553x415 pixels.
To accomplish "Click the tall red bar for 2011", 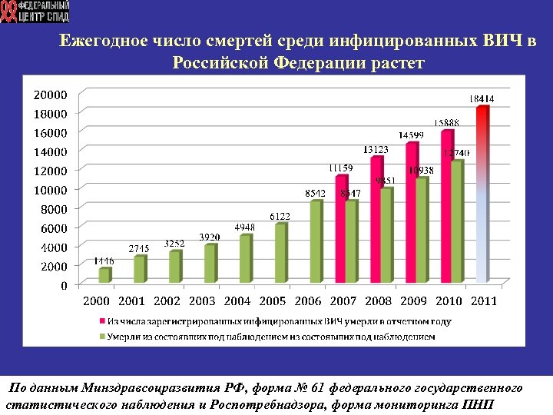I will tap(482, 192).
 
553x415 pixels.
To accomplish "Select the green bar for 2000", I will tap(104, 276).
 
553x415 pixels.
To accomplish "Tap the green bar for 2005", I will tap(280, 253).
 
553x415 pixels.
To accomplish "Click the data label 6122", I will tap(280, 217).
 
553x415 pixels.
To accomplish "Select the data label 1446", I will tap(104, 261).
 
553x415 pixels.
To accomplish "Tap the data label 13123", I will tap(376, 149).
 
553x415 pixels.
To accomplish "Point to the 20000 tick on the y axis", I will tap(50, 95).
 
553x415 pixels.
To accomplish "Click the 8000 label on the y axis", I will tap(53, 208).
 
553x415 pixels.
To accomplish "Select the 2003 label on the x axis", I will tap(202, 300).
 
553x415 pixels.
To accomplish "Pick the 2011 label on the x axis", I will tap(482, 300).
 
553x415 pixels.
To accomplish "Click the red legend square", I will tap(101, 321).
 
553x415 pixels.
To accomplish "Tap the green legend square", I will tap(101, 336).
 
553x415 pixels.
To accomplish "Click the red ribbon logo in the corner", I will tap(9, 12).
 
